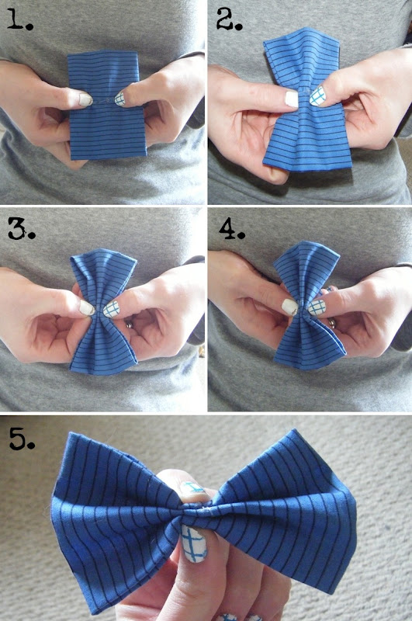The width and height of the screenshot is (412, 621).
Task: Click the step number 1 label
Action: [20, 21]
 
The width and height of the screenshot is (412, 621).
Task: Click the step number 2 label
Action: [229, 21]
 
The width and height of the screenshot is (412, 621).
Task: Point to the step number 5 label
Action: [22, 439]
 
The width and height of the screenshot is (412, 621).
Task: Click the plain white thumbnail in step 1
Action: [85, 99]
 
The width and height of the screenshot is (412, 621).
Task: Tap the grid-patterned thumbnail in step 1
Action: [120, 99]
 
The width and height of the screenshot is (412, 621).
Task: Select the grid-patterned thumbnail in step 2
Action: [318, 96]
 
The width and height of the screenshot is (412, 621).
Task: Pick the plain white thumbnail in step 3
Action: [87, 307]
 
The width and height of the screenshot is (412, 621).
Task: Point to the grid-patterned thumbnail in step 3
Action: [111, 309]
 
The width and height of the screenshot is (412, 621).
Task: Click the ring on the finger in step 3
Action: [129, 324]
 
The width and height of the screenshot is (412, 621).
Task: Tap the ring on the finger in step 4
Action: [332, 324]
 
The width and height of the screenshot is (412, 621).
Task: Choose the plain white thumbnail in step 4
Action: [289, 307]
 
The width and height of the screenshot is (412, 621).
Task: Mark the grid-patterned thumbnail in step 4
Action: [317, 307]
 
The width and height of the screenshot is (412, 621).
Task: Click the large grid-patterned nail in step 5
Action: [193, 543]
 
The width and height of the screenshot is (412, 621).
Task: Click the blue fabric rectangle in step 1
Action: [107, 105]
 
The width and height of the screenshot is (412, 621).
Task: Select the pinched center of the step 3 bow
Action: [99, 309]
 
